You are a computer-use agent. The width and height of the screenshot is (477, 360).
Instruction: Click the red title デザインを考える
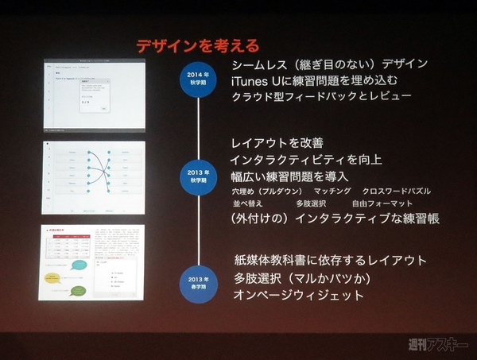tap(197, 45)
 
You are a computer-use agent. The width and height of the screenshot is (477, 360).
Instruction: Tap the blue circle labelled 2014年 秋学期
tap(197, 80)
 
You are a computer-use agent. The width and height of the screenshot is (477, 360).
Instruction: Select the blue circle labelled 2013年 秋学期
tap(198, 176)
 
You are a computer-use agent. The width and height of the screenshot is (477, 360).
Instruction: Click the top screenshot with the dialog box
tap(94, 93)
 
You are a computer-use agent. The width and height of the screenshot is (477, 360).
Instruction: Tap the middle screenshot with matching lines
tap(94, 178)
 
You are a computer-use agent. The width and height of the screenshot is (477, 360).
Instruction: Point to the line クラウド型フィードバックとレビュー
tap(321, 97)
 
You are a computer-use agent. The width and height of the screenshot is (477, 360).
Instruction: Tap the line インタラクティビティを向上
tap(306, 160)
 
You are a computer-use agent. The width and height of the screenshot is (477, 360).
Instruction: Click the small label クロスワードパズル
tap(397, 192)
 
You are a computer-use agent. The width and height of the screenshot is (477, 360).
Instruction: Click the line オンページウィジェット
tap(298, 295)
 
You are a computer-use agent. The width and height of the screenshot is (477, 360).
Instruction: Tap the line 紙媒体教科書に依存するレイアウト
tap(330, 260)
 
